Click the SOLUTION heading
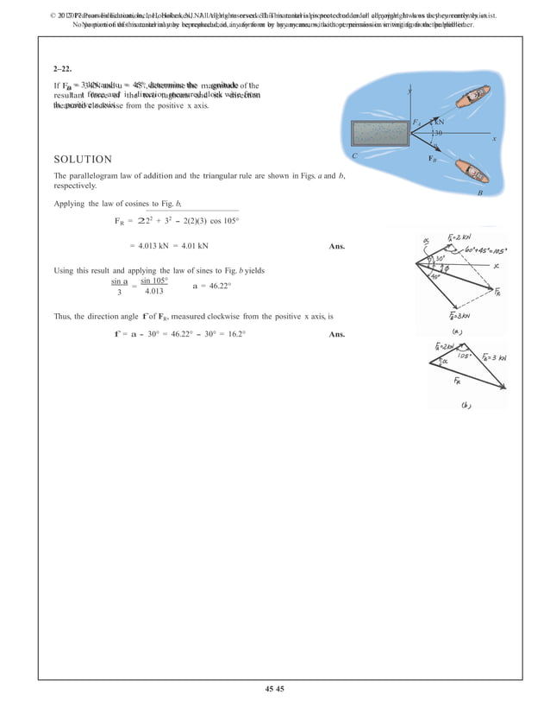[x=83, y=160]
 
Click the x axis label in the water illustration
[x=495, y=138]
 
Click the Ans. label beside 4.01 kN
[x=337, y=247]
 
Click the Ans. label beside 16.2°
[x=337, y=334]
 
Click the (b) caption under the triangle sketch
[x=466, y=404]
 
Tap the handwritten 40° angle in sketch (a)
[x=436, y=276]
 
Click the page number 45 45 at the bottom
[x=275, y=687]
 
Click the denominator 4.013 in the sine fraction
[x=154, y=291]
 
